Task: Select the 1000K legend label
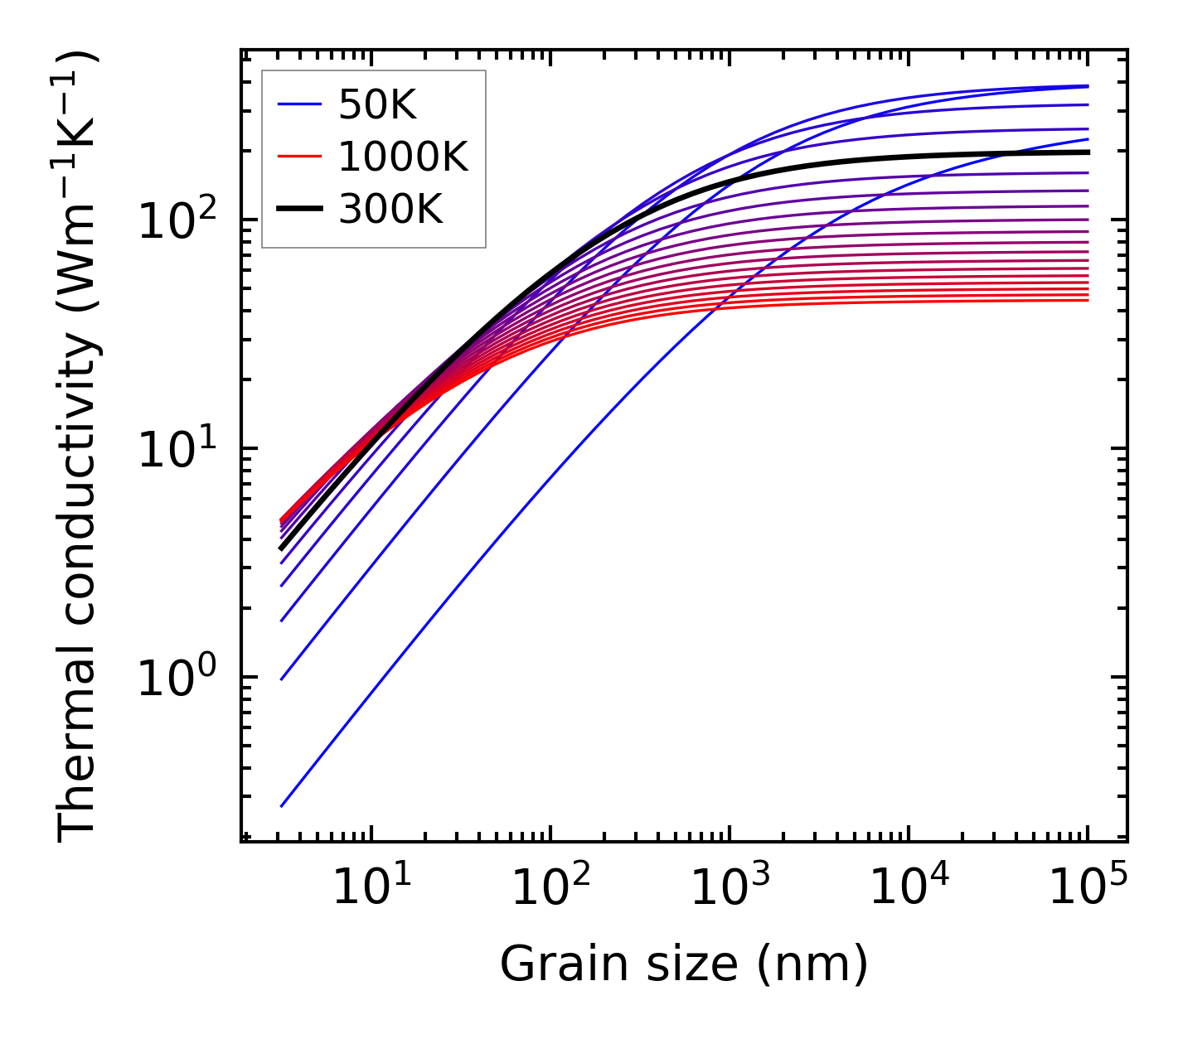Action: tap(403, 157)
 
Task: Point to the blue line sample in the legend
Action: tap(299, 104)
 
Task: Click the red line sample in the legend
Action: tap(299, 157)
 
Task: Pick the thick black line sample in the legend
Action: tap(299, 209)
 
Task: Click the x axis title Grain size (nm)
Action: tap(684, 965)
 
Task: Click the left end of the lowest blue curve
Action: tap(282, 805)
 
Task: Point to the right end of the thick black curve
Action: tap(1088, 152)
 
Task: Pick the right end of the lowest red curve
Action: tap(1088, 300)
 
